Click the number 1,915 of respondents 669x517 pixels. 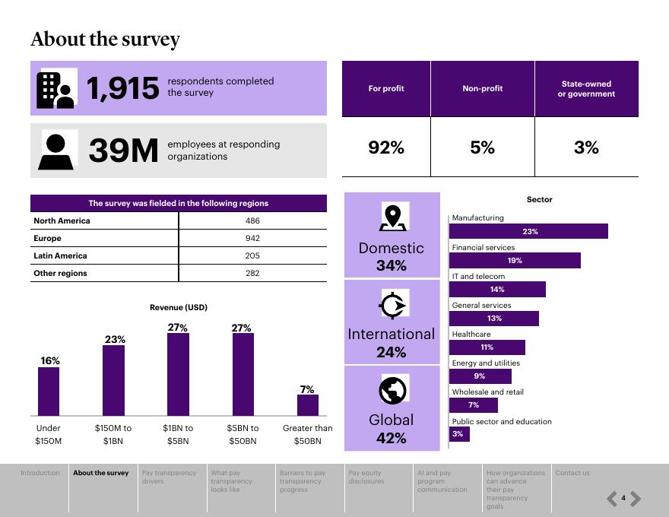[x=123, y=88]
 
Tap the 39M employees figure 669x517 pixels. [x=123, y=151]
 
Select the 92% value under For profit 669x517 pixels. [x=386, y=147]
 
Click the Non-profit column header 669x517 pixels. [x=482, y=89]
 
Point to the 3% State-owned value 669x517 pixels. [x=586, y=147]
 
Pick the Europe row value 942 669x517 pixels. [x=252, y=238]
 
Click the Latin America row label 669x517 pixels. [x=61, y=255]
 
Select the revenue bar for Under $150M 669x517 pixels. [x=49, y=392]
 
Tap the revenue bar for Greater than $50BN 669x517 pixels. [x=307, y=405]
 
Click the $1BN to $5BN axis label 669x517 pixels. [x=178, y=434]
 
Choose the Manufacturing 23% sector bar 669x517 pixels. [x=529, y=231]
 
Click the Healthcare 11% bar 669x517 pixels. [x=487, y=347]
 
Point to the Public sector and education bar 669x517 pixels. [x=459, y=434]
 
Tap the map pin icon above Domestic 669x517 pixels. [x=393, y=217]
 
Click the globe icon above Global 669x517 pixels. [x=393, y=390]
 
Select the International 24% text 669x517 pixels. [x=391, y=343]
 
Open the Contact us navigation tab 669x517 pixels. [x=572, y=473]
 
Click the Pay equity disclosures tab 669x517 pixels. [x=366, y=477]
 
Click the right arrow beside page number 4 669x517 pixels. [x=636, y=499]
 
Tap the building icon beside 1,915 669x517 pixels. [x=55, y=90]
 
